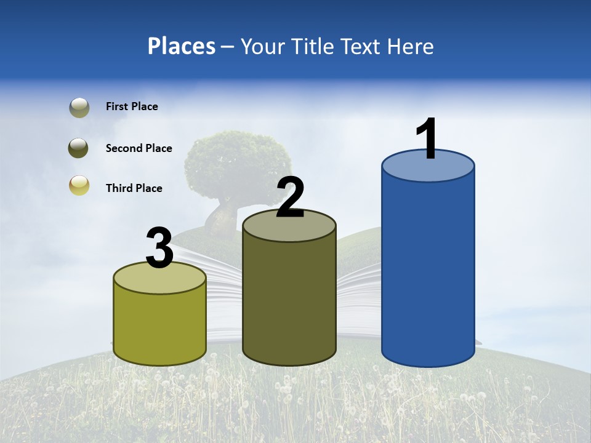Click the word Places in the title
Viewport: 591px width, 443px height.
181,46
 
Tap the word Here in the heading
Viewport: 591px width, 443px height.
411,46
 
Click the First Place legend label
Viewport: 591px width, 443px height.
132,106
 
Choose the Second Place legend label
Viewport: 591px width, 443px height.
139,148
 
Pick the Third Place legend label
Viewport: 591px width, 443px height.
134,188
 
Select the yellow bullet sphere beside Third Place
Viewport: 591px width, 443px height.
79,185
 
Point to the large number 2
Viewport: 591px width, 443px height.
291,198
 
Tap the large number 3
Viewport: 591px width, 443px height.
159,249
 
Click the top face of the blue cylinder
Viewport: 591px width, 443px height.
428,166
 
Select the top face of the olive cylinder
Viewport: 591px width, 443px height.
289,225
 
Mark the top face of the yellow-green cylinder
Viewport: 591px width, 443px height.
160,278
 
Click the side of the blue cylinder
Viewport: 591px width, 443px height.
428,271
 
